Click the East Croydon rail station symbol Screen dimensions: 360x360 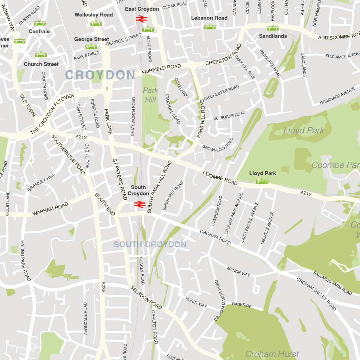(x=141, y=18)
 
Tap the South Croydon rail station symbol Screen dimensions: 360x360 (x=140, y=204)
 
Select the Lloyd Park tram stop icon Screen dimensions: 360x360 (x=262, y=181)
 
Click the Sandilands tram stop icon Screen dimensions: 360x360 (x=272, y=28)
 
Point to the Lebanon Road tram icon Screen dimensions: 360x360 (x=210, y=26)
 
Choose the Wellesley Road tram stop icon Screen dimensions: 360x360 (x=96, y=23)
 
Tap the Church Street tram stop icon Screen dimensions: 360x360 (x=41, y=54)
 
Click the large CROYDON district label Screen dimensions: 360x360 (x=100, y=75)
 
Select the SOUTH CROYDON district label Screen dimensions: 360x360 (x=150, y=244)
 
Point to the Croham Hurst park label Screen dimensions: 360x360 (x=272, y=354)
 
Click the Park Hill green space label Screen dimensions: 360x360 (x=150, y=95)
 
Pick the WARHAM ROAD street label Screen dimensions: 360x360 (x=50, y=210)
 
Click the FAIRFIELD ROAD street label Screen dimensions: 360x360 (x=161, y=69)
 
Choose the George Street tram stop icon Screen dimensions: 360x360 (x=91, y=46)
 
